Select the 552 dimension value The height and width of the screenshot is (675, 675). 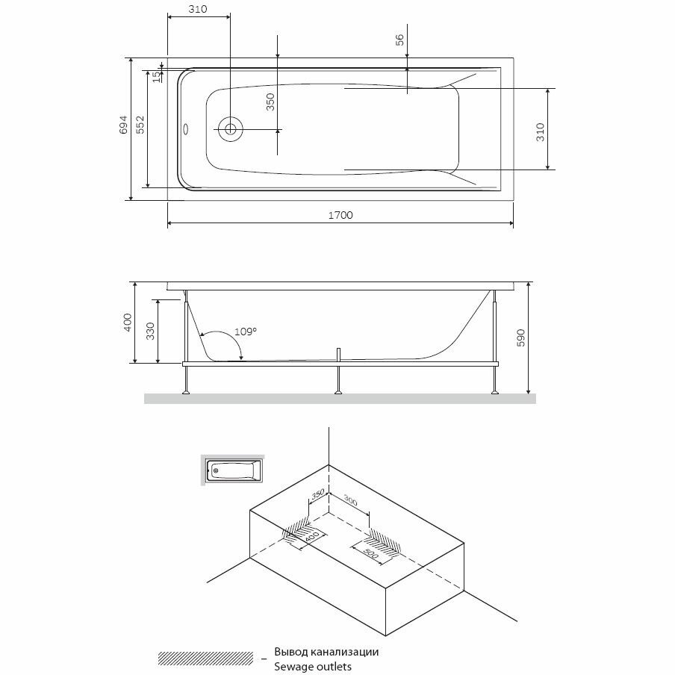pyautogui.click(x=140, y=125)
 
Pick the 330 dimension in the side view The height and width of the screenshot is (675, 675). pyautogui.click(x=149, y=332)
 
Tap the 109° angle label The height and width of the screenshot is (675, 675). pyautogui.click(x=246, y=331)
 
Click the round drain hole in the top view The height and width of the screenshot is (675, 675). pyautogui.click(x=230, y=129)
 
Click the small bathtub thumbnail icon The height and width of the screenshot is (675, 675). pyautogui.click(x=234, y=470)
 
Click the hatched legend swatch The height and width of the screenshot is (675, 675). pyautogui.click(x=206, y=658)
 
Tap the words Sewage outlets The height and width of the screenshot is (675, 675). pyautogui.click(x=313, y=666)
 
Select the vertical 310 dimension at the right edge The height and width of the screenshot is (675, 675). pyautogui.click(x=540, y=131)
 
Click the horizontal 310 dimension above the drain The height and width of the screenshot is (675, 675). pyautogui.click(x=197, y=9)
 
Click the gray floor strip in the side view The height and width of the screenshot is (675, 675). pyautogui.click(x=340, y=399)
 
